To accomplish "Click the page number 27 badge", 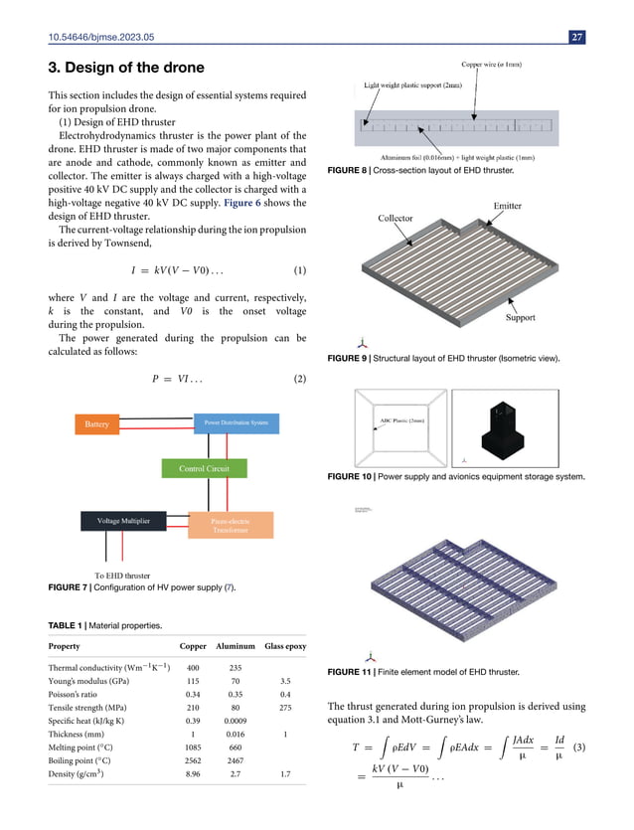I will click(x=577, y=38).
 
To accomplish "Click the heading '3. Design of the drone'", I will click(x=126, y=68).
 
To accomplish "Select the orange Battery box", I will click(x=96, y=424).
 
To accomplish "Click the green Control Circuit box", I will click(x=205, y=468).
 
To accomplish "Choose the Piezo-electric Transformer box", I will click(x=229, y=525).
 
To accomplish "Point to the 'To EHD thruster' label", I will click(x=122, y=576).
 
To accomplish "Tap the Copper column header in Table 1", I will click(x=193, y=645).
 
